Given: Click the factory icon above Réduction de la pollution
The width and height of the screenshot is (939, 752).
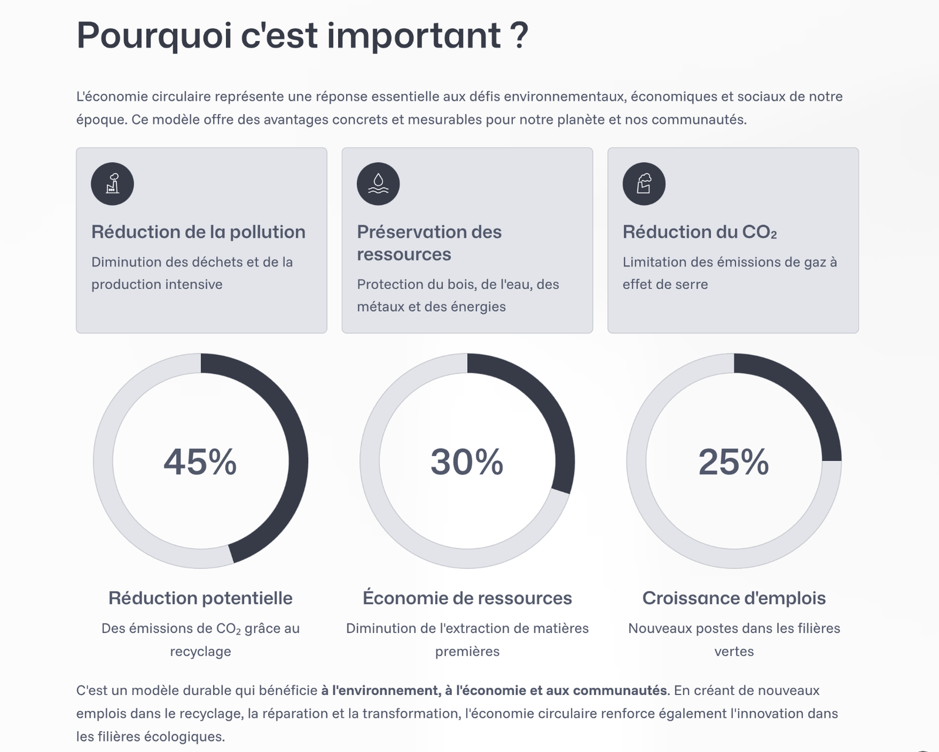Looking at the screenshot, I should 112,184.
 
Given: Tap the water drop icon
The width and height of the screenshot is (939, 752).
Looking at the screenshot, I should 378,184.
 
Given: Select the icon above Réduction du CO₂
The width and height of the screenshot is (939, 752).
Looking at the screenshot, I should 644,184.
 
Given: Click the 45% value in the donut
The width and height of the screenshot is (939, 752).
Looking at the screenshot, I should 200,462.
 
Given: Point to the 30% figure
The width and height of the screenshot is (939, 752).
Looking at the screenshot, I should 467,462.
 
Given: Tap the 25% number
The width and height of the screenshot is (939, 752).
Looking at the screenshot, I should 734,462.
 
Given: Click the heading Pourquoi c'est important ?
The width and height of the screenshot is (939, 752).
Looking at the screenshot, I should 302,36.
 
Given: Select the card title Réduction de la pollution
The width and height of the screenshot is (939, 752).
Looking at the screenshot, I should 198,232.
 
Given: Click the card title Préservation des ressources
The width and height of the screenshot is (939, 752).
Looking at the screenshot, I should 429,243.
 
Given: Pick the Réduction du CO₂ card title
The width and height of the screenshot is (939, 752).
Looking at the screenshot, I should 700,232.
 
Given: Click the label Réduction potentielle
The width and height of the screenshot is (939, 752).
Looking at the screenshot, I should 200,598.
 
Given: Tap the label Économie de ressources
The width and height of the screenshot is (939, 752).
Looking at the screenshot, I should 467,598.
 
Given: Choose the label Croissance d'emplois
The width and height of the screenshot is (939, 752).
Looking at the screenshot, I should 734,598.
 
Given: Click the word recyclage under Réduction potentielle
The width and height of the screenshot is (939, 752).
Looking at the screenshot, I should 200,651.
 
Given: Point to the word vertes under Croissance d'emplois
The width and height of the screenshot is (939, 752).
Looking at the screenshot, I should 734,651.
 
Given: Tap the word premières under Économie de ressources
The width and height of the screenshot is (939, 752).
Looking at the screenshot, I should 467,651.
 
